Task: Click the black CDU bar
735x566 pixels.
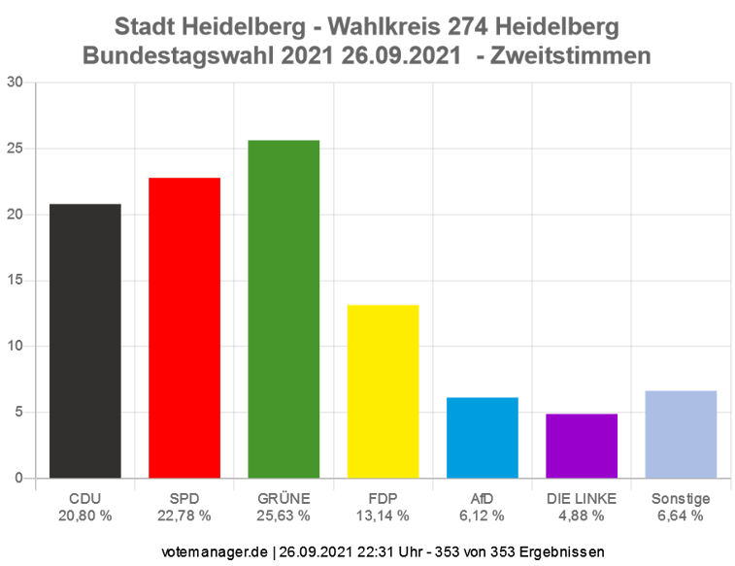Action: (85, 341)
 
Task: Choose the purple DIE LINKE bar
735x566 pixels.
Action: (582, 446)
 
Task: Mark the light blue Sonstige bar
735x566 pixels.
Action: (681, 434)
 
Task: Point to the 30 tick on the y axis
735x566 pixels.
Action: (15, 83)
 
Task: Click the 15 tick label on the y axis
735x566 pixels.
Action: (15, 281)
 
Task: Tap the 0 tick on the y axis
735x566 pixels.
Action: (18, 478)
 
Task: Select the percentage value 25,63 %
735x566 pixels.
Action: (284, 516)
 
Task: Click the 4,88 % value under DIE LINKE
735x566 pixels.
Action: (582, 516)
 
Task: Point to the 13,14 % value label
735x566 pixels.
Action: (383, 516)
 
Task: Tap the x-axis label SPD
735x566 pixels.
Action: (184, 499)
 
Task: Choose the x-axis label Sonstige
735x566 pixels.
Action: (681, 499)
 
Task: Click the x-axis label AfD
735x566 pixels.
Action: (483, 499)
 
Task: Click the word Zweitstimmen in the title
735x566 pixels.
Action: (573, 56)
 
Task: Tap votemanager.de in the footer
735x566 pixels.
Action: (215, 551)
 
